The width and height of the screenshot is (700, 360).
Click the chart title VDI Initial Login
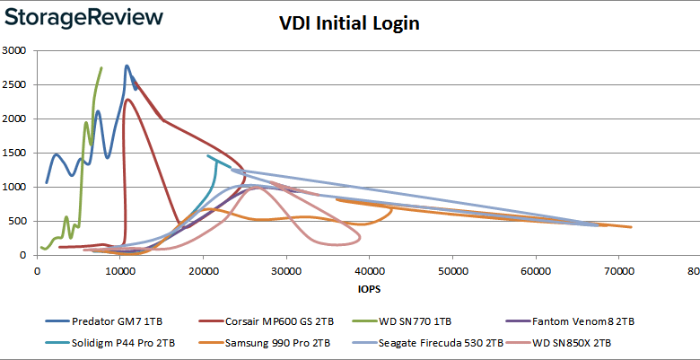349,24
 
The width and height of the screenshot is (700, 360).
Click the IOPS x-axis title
367,289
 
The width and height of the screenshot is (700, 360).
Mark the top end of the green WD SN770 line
101,67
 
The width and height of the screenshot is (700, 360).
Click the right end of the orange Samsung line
631,227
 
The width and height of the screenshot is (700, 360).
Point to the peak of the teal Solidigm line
208,156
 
